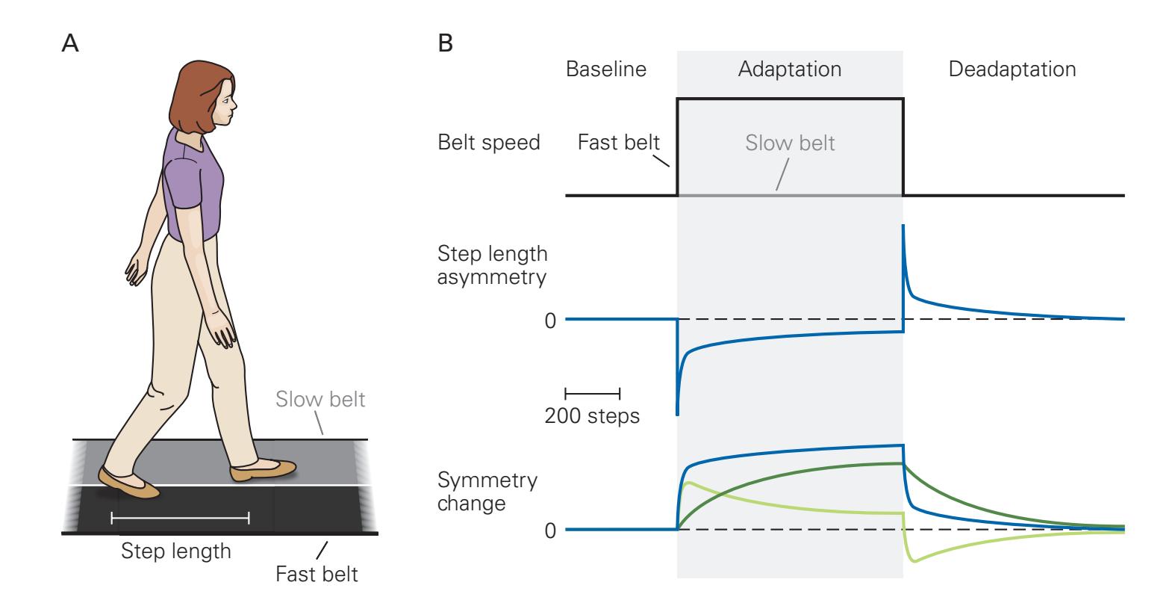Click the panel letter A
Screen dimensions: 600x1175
point(69,44)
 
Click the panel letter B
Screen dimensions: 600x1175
point(445,44)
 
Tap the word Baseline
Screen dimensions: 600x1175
point(605,69)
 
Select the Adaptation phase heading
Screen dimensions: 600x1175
point(789,69)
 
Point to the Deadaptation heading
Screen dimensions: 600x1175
point(1012,69)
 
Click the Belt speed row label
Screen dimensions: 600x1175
point(488,142)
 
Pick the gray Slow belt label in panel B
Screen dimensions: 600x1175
point(790,142)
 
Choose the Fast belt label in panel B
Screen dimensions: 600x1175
point(618,142)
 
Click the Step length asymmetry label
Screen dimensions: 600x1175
point(493,265)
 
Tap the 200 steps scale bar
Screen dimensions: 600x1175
point(593,392)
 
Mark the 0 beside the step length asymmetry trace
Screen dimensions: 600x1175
point(550,321)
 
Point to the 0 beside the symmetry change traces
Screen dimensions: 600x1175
point(550,531)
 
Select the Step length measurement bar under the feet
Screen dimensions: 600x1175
point(180,516)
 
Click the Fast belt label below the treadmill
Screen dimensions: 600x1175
point(317,574)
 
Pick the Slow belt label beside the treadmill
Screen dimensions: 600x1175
point(320,399)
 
